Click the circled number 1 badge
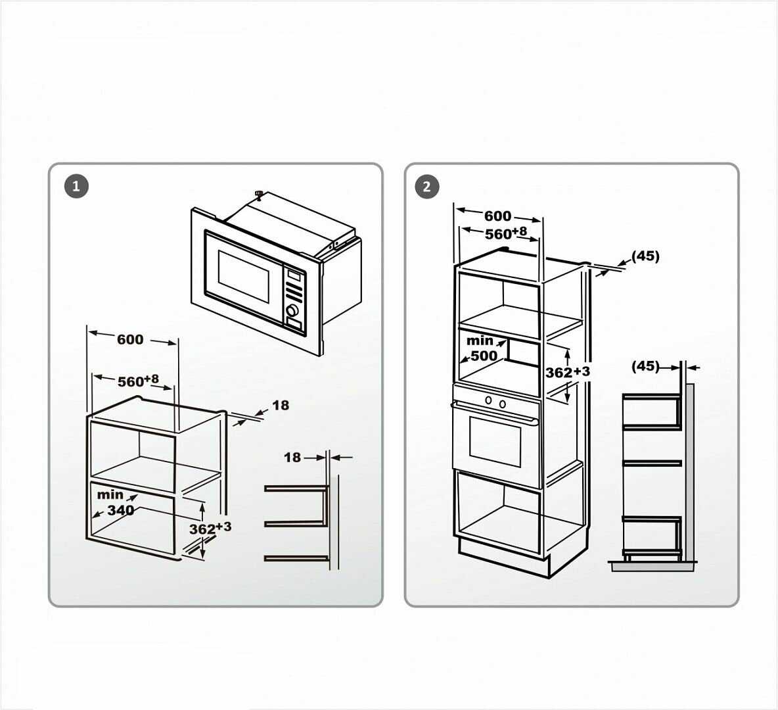(x=76, y=186)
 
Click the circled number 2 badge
(x=426, y=187)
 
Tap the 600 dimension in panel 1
(x=130, y=339)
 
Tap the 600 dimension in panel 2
(x=497, y=216)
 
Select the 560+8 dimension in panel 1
(x=137, y=381)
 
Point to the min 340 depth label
(x=116, y=503)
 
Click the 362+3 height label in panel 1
(x=210, y=528)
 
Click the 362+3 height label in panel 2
(x=567, y=372)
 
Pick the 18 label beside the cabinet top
(x=281, y=405)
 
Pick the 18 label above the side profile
(x=292, y=457)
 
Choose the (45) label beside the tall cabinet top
(x=645, y=256)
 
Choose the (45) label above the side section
(x=645, y=366)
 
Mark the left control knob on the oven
(x=488, y=400)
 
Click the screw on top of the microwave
(x=259, y=193)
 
